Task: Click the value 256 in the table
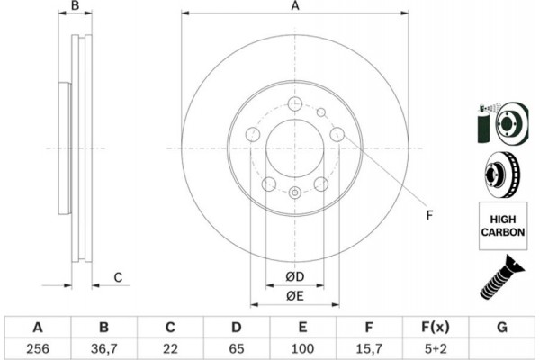point(38,348)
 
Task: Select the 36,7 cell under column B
point(104,348)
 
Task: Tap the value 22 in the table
point(170,348)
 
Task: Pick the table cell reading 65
point(236,348)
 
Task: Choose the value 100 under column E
point(302,348)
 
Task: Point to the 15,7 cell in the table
point(369,348)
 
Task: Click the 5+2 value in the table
point(436,348)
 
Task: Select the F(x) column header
point(436,327)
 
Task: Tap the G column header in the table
point(502,327)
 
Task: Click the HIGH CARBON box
point(503,226)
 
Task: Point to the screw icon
point(502,277)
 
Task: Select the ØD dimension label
point(295,276)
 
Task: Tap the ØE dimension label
point(295,296)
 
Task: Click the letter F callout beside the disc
point(429,215)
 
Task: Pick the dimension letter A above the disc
point(295,6)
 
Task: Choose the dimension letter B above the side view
point(75,5)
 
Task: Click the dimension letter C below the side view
point(118,277)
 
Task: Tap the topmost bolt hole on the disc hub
point(295,103)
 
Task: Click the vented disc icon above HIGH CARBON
point(502,175)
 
